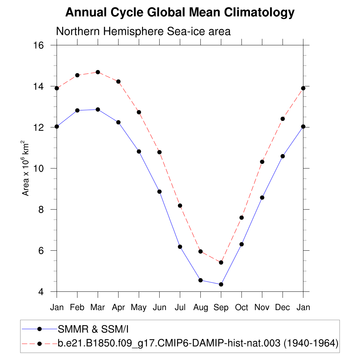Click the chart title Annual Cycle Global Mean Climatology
[x=180, y=13]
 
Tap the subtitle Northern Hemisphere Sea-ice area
[x=143, y=32]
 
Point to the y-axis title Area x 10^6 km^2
[x=26, y=168]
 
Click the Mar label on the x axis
[x=98, y=308]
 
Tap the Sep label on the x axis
[x=221, y=308]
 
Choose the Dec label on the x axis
[x=283, y=308]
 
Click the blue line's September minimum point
[x=221, y=284]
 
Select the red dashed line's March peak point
[x=98, y=72]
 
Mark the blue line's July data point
[x=180, y=247]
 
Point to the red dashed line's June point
[x=159, y=152]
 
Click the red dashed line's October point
[x=242, y=218]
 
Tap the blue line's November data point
[x=262, y=198]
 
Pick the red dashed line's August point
[x=200, y=251]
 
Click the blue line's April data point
[x=118, y=122]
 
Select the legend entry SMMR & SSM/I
[x=92, y=329]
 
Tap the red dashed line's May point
[x=139, y=112]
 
